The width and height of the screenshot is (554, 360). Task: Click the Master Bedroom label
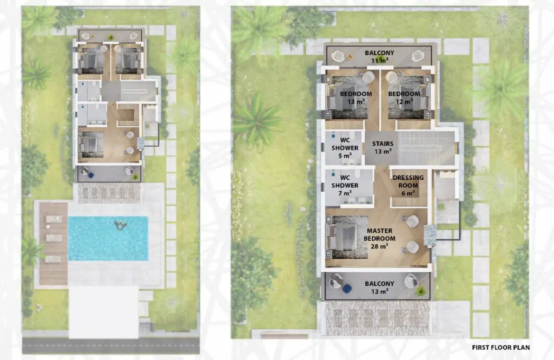click(x=379, y=238)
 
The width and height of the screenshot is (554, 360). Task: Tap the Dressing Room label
click(x=408, y=185)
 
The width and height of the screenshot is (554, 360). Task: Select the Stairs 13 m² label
click(x=382, y=147)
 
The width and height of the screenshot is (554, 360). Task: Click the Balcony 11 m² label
click(x=379, y=57)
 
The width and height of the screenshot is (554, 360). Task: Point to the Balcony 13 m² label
click(x=379, y=287)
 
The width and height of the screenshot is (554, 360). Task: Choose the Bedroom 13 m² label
click(x=356, y=97)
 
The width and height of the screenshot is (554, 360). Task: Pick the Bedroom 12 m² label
click(x=404, y=97)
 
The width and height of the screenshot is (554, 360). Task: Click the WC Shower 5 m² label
click(x=345, y=148)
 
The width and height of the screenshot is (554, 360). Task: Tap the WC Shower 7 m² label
click(x=345, y=185)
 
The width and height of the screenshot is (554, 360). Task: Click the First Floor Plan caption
click(x=500, y=348)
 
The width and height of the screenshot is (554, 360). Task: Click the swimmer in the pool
click(x=121, y=224)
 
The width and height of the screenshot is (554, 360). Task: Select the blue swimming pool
click(x=108, y=238)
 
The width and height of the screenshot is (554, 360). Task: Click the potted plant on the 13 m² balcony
click(x=420, y=291)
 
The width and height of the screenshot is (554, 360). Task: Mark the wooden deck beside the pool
click(x=54, y=244)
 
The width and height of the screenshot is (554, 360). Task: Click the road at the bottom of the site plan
click(x=110, y=345)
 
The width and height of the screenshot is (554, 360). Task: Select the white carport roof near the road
click(x=103, y=312)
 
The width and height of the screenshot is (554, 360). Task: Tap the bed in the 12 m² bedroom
click(x=408, y=97)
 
